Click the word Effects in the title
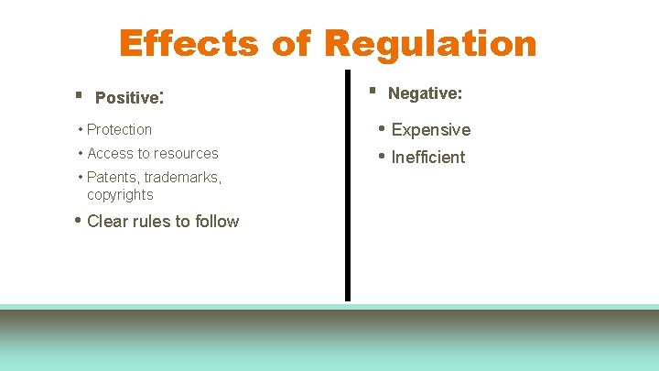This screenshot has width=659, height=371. click(x=186, y=43)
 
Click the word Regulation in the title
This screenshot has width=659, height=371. click(x=429, y=43)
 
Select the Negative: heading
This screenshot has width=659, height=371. click(x=425, y=93)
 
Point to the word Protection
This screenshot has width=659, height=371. click(x=119, y=130)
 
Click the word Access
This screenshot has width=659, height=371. click(x=110, y=154)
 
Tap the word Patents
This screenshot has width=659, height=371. click(x=113, y=178)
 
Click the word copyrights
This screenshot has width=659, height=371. click(x=120, y=195)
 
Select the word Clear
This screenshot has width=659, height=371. click(x=109, y=222)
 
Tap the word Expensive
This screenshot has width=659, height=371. click(x=430, y=130)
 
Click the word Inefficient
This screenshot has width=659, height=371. click(x=427, y=158)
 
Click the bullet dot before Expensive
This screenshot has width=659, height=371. click(x=382, y=128)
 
